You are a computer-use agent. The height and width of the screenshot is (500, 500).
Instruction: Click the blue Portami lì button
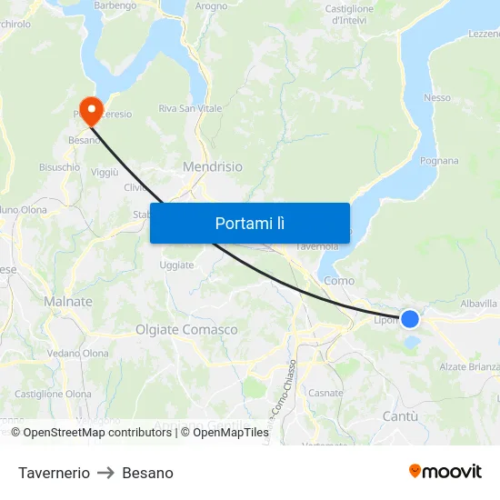(x=249, y=223)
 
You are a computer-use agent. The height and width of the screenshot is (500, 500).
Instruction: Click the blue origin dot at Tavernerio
(x=410, y=319)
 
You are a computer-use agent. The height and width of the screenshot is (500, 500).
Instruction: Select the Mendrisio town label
(x=213, y=167)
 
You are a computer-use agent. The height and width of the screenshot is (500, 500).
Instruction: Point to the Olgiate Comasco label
(x=186, y=330)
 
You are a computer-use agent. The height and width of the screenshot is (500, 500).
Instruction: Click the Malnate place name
(x=68, y=301)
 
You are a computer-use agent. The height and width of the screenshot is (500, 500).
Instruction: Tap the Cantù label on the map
(x=400, y=416)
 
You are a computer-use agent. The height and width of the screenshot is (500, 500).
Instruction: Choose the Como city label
(x=339, y=281)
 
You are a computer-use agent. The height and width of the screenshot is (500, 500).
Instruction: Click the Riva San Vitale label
(x=190, y=109)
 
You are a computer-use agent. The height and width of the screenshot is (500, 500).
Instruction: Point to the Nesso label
(x=436, y=97)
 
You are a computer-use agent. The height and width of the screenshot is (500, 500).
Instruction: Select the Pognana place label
(x=439, y=160)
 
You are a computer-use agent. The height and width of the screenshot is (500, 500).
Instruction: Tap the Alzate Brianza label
(x=469, y=366)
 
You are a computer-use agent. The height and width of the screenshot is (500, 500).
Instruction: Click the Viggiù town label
(x=105, y=172)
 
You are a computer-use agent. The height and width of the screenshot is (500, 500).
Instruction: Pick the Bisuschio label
(x=59, y=167)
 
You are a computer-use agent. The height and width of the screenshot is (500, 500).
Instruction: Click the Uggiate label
(x=176, y=265)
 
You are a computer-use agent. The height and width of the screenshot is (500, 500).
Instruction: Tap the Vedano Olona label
(x=77, y=354)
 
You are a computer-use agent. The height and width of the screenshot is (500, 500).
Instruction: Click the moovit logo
(x=445, y=471)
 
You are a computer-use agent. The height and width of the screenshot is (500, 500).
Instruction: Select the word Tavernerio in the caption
(x=54, y=473)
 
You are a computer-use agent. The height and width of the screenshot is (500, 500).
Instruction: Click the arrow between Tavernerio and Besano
(x=105, y=473)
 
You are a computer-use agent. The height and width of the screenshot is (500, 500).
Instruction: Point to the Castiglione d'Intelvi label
(x=349, y=15)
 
